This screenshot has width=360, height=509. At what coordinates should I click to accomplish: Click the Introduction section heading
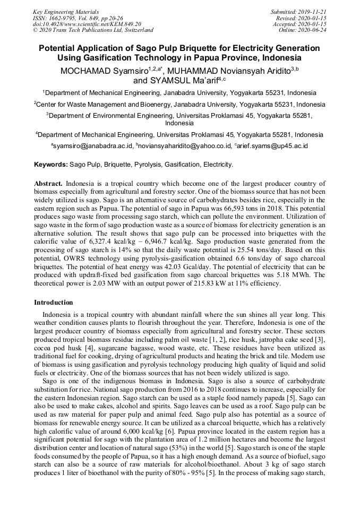[54, 303]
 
